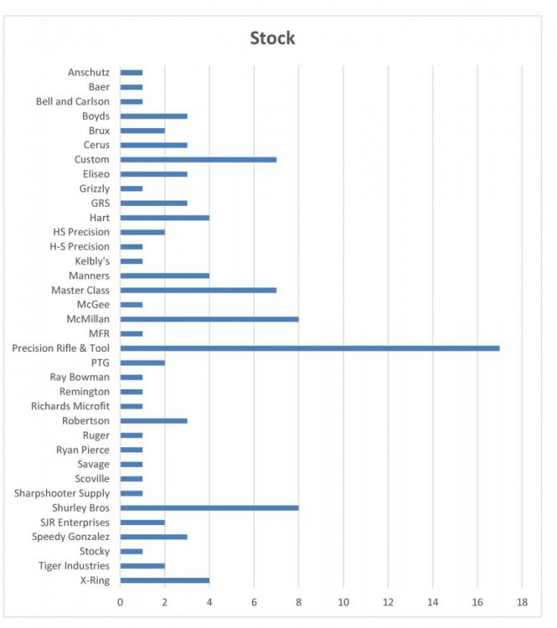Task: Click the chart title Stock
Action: [272, 39]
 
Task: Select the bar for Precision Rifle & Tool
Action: [310, 348]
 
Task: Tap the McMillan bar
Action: [209, 319]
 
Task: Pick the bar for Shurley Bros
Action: [209, 508]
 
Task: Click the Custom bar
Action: [199, 159]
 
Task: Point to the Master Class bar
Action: [199, 291]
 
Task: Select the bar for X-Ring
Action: [165, 580]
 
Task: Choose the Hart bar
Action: [165, 218]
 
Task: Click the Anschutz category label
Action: [88, 73]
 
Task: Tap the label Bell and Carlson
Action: [72, 101]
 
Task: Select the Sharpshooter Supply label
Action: [61, 493]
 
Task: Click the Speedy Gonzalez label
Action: [70, 537]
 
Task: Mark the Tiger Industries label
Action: [74, 566]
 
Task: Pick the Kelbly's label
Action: [91, 261]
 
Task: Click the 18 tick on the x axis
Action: [522, 602]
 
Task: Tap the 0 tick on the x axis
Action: [121, 602]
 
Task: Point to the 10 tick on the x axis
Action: [343, 602]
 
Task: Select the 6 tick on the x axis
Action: [255, 602]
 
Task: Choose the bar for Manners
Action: [165, 275]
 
